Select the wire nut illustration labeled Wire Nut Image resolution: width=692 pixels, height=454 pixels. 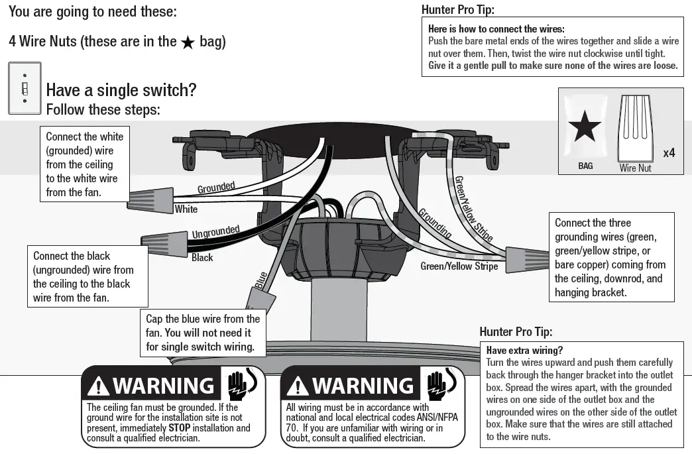click(635, 128)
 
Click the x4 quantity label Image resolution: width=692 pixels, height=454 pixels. click(669, 153)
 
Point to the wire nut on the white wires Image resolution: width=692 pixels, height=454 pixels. click(144, 196)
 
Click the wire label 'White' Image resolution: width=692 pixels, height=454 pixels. click(186, 209)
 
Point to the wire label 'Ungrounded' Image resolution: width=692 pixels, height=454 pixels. click(215, 232)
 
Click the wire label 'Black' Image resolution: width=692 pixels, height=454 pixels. click(202, 257)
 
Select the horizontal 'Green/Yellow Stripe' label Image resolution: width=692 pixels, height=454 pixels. click(459, 266)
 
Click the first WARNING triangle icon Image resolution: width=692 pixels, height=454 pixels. click(99, 386)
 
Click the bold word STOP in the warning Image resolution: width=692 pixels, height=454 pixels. click(179, 428)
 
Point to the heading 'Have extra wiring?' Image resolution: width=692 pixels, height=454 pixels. click(524, 350)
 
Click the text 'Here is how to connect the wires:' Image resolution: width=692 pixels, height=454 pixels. click(496, 29)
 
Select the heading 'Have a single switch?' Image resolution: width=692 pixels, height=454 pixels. click(121, 90)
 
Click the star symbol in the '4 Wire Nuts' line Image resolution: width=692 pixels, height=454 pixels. click(188, 42)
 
